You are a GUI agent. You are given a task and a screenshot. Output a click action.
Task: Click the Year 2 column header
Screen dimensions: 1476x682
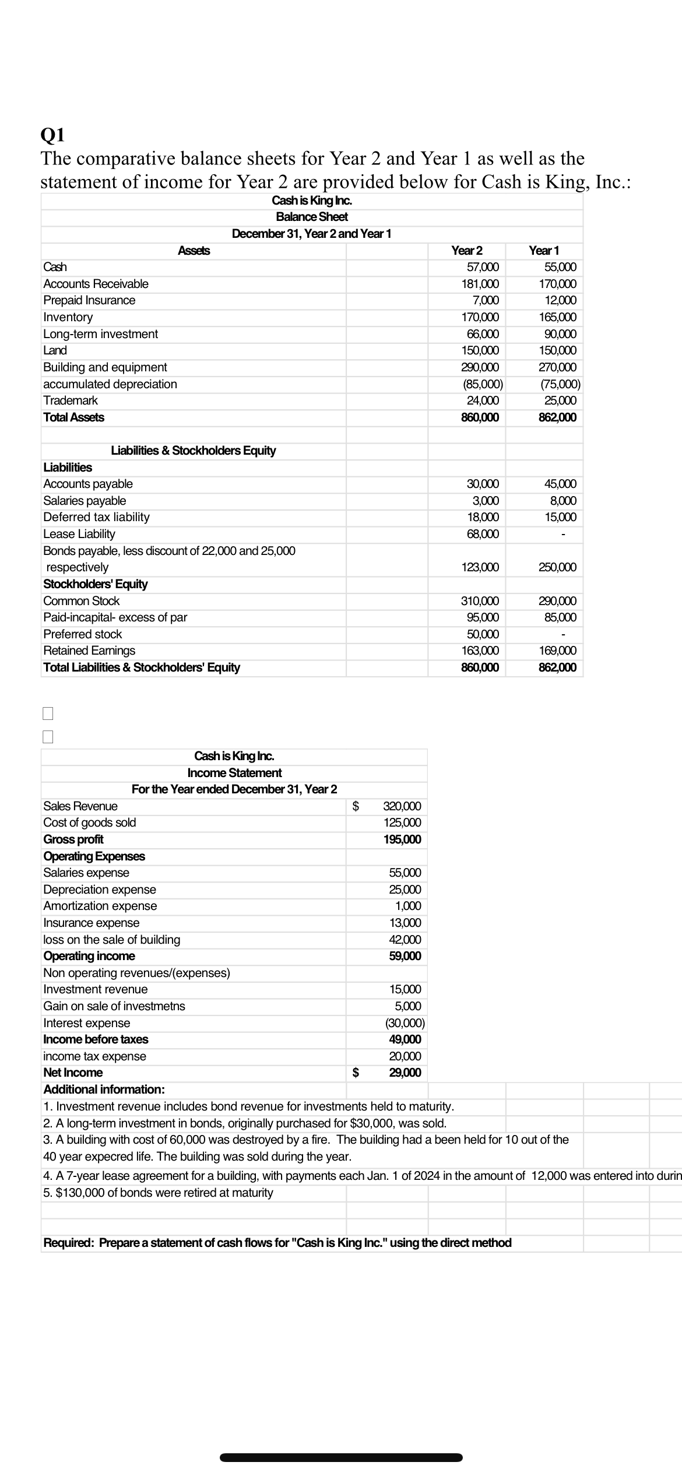[x=467, y=251]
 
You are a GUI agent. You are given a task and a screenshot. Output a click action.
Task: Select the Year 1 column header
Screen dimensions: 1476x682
[x=544, y=251]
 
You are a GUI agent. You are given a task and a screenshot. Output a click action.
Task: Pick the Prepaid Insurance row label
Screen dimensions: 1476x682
[x=89, y=301]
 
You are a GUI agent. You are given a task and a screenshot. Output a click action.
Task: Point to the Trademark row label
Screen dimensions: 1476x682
[x=71, y=400]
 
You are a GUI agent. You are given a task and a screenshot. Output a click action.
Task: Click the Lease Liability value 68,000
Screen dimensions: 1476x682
[x=483, y=534]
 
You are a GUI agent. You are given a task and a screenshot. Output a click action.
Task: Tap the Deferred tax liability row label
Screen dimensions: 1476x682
[x=96, y=517]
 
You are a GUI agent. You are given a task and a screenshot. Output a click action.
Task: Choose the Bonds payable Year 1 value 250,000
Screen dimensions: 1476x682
[x=557, y=567]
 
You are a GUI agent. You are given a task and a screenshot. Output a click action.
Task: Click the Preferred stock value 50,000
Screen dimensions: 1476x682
[x=483, y=634]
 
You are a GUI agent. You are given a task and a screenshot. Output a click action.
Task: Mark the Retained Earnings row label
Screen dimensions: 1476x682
[x=89, y=651]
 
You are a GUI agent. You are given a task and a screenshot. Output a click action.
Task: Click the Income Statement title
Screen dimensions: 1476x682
[x=234, y=773]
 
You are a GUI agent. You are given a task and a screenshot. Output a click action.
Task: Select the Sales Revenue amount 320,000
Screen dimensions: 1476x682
[x=402, y=806]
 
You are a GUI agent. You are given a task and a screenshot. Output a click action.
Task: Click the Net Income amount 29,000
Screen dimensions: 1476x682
[x=405, y=1073]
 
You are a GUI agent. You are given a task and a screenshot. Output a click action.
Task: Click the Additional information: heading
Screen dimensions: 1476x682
[x=104, y=1090]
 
